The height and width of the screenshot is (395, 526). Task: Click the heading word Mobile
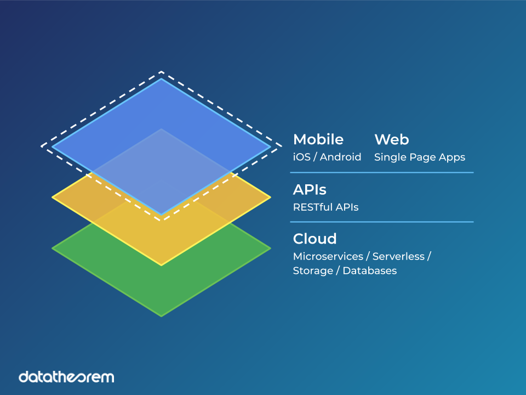coord(318,139)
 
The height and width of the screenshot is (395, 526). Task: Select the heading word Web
coord(391,139)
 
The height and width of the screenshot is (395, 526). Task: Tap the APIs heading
coord(310,190)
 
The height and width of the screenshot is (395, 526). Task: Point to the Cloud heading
coord(315,239)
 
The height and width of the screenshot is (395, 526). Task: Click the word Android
coord(340,157)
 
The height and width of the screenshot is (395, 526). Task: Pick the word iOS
coord(301,157)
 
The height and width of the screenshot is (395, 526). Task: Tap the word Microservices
coord(328,257)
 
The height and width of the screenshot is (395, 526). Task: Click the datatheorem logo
coord(66,377)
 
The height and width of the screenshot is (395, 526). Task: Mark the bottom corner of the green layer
coord(161,316)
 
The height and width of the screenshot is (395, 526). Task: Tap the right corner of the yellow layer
coord(270,198)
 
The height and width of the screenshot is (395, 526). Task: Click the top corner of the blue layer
coord(161,79)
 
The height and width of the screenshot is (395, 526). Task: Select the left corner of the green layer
coord(53,248)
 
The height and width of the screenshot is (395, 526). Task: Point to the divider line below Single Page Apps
coord(381,173)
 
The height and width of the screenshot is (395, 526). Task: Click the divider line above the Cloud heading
coord(381,222)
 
